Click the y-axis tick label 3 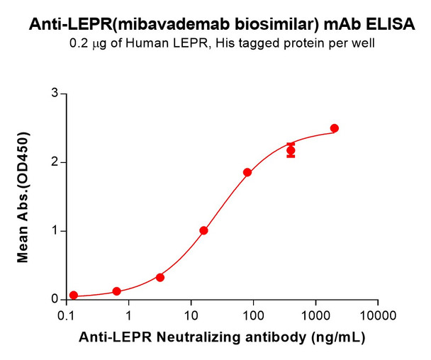[x=54, y=93]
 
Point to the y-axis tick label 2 [x=54, y=162]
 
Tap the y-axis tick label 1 [x=54, y=231]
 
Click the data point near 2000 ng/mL [x=335, y=128]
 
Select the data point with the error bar [x=291, y=150]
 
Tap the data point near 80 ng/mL [x=247, y=172]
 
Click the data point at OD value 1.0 [x=203, y=230]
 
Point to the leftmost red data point [x=74, y=295]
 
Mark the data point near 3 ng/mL [x=160, y=277]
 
